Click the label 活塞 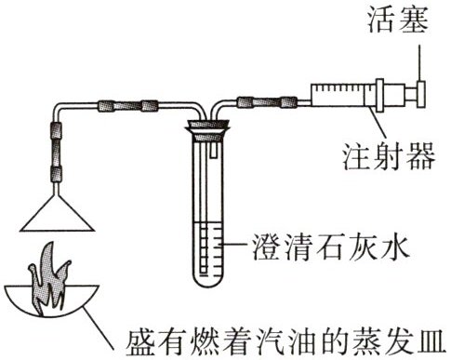pyautogui.click(x=398, y=20)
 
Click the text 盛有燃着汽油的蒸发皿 pyautogui.click(x=287, y=342)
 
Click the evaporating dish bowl pyautogui.click(x=52, y=301)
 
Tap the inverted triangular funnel pyautogui.click(x=57, y=214)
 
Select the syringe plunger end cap pyautogui.click(x=420, y=94)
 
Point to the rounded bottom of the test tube pyautogui.click(x=207, y=280)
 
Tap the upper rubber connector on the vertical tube pyautogui.click(x=56, y=130)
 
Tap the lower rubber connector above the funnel pyautogui.click(x=56, y=174)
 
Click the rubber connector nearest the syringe pyautogui.click(x=289, y=101)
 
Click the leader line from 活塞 pyautogui.click(x=420, y=63)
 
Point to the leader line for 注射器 pyautogui.click(x=378, y=123)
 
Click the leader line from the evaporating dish pyautogui.click(x=99, y=328)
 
